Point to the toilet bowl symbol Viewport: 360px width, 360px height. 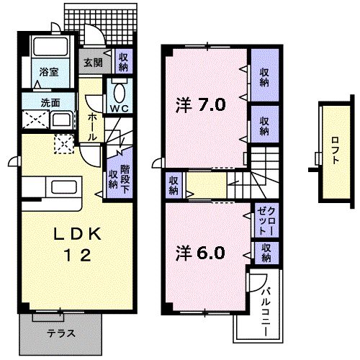point(119,91)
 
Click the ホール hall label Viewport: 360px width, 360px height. point(94,125)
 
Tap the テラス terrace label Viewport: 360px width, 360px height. point(61,333)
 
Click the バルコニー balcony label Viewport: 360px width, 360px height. point(265,308)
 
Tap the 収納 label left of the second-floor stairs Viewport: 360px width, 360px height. point(174,185)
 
